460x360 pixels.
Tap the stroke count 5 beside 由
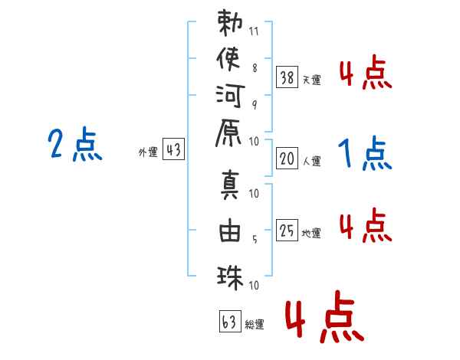tap(254, 239)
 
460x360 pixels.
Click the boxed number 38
tap(286, 76)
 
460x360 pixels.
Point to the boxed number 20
tap(286, 158)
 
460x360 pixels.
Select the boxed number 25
tap(286, 230)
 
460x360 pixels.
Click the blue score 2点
tap(74, 145)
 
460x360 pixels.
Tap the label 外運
tap(148, 152)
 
